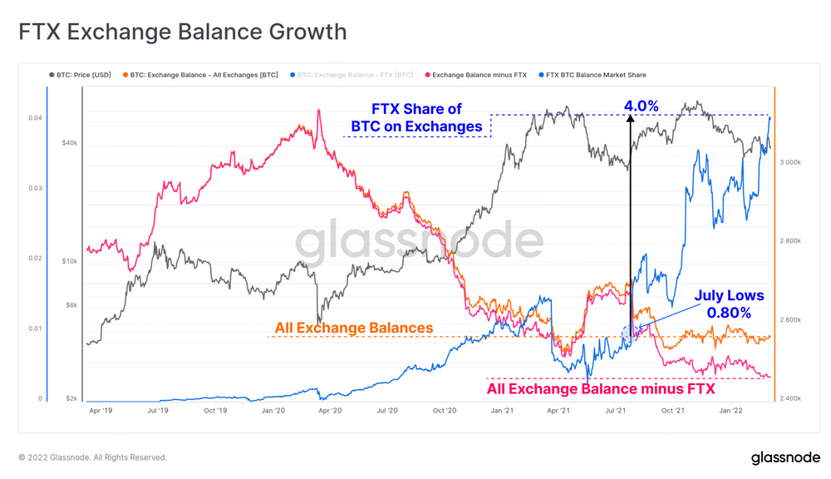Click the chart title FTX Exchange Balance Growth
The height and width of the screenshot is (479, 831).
coord(183,32)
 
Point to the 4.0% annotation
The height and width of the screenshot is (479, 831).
coord(642,106)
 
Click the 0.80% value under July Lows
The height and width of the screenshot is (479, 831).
coord(729,313)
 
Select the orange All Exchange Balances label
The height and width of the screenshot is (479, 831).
coord(354,328)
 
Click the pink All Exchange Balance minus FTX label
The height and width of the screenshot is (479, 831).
coord(601,388)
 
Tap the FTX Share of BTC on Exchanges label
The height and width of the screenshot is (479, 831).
coord(416,117)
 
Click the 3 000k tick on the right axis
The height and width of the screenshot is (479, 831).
coord(789,162)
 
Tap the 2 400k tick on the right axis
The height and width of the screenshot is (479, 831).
coord(789,399)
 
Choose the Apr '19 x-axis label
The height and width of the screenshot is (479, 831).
coord(101,410)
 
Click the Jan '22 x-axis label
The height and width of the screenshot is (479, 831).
coord(730,410)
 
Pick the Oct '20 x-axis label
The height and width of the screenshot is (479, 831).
coord(445,410)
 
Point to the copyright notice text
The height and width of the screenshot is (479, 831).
coord(93,457)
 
